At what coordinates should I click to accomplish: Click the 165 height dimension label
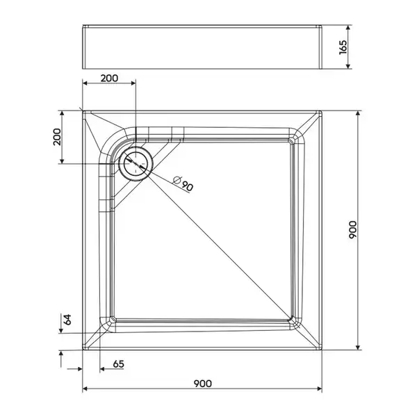[x=343, y=47]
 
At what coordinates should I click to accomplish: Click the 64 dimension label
[x=67, y=320]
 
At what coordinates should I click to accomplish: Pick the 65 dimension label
[x=118, y=363]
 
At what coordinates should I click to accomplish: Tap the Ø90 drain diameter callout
[x=183, y=183]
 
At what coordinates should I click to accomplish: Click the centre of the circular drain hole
[x=136, y=163]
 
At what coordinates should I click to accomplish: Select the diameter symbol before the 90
[x=177, y=180]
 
